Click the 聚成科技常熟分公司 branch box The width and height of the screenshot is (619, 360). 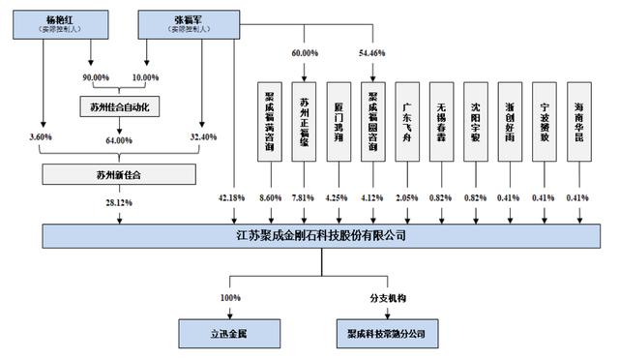(386, 332)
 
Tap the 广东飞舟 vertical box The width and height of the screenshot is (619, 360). (407, 121)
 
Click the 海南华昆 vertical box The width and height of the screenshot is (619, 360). (578, 121)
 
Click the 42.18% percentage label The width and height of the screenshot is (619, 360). (231, 198)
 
